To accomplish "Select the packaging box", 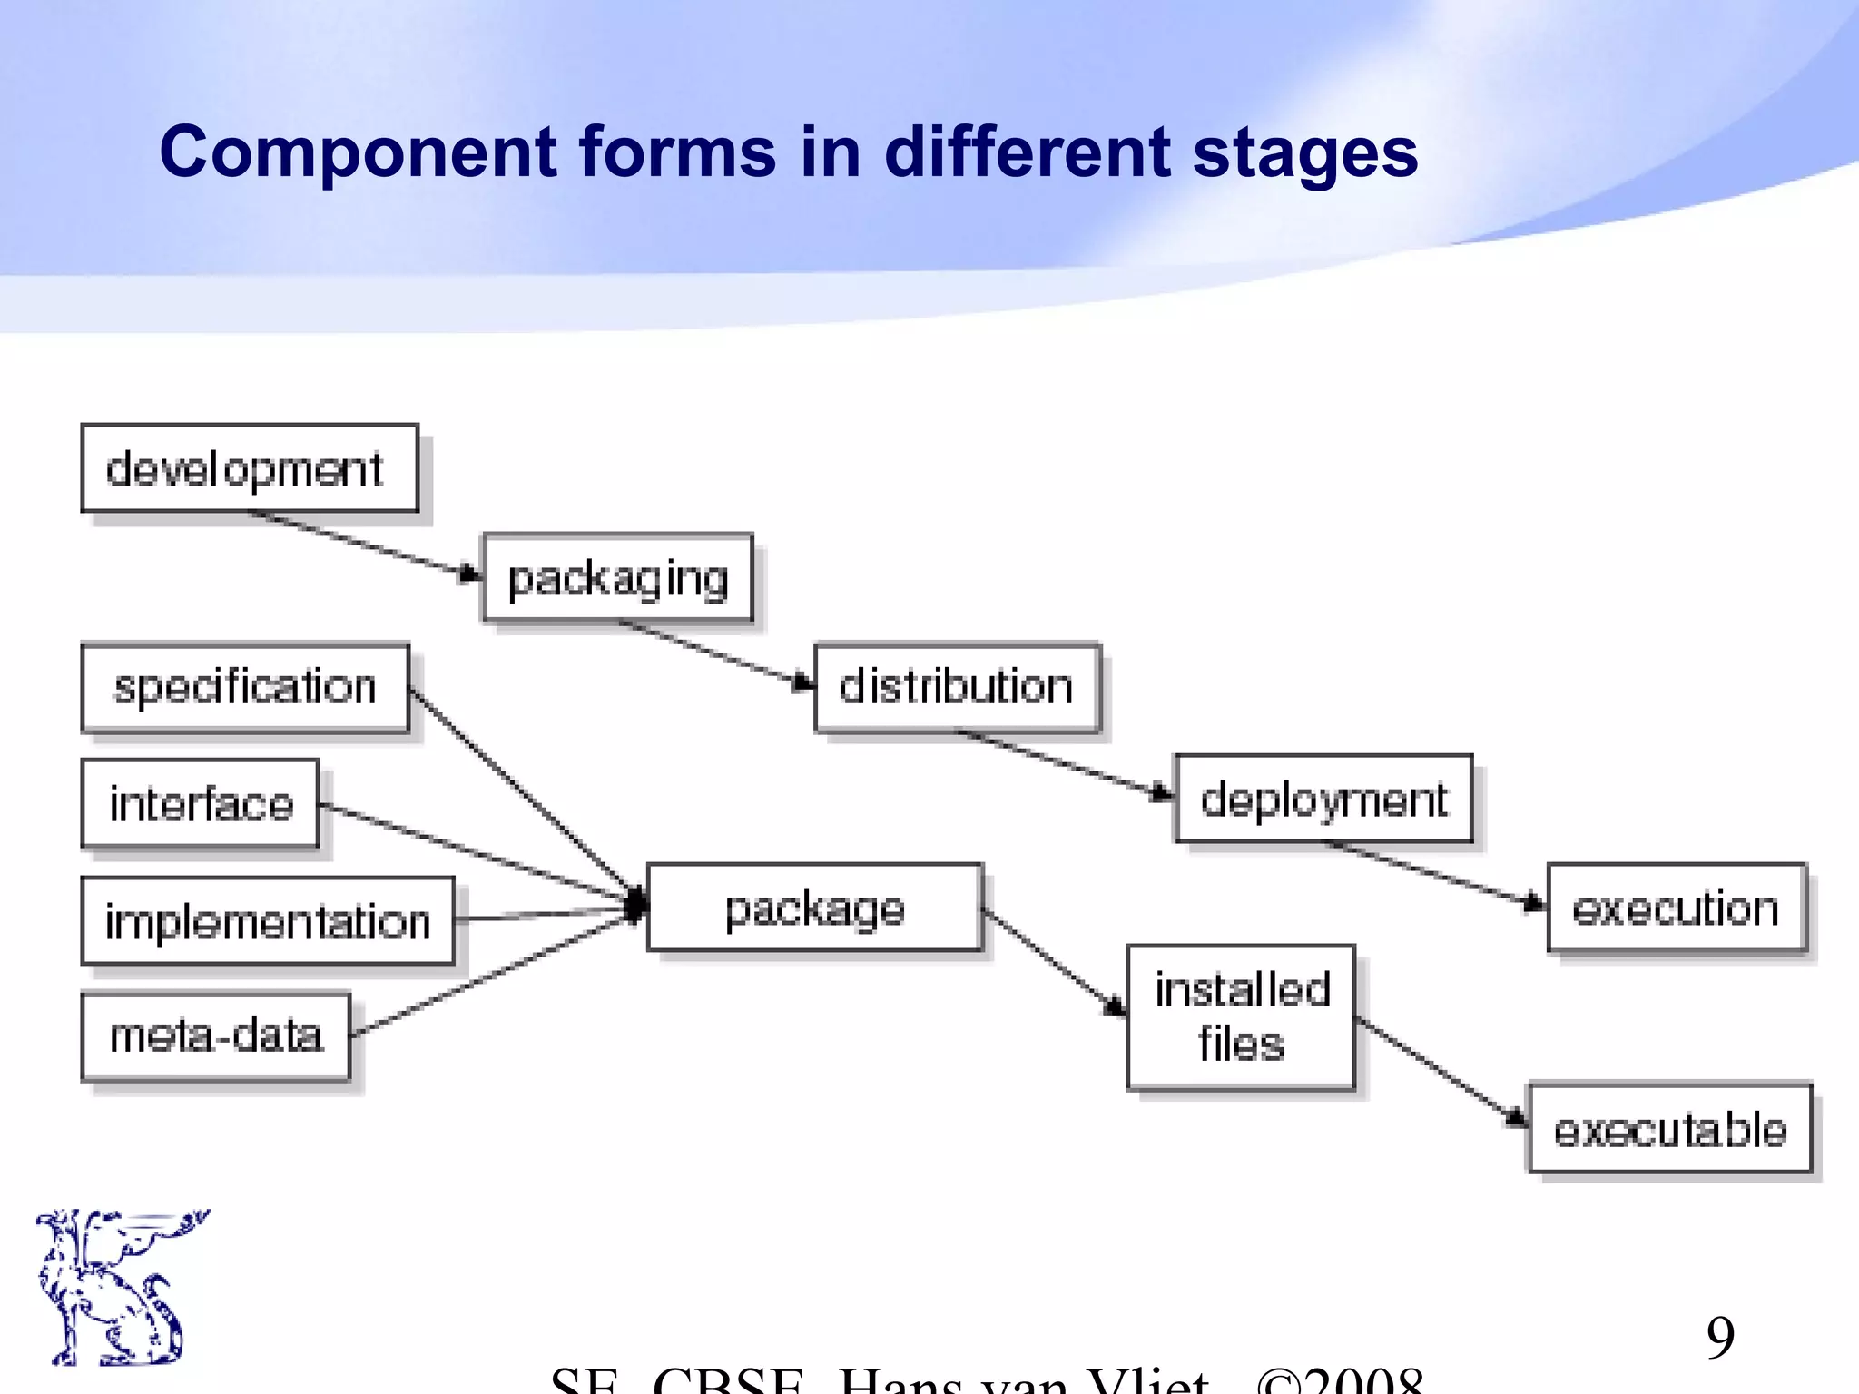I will [618, 578].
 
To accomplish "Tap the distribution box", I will [957, 687].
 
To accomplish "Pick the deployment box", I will [1323, 799].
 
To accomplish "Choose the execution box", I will [1676, 908].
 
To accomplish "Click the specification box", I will [245, 688].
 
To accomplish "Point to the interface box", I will [201, 803].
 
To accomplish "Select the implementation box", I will [268, 921].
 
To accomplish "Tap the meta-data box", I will [216, 1036].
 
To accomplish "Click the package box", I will [814, 908].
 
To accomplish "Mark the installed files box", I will [1241, 1016].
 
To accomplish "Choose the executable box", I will [1670, 1129].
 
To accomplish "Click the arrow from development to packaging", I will [363, 543].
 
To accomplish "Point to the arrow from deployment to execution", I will [1434, 872].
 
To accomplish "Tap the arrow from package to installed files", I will [1053, 962].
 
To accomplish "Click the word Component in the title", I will [357, 152].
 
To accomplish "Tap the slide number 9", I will [1720, 1337].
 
